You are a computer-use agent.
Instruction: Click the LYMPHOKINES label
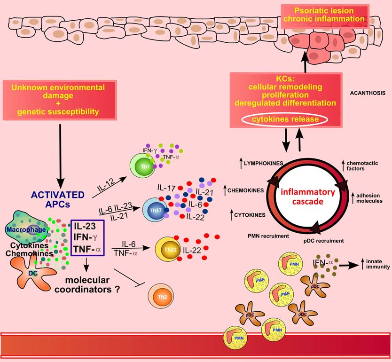point(260,163)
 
